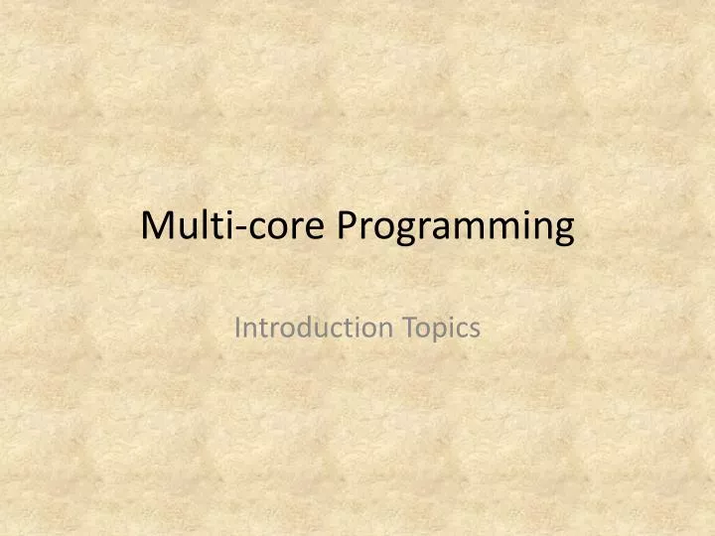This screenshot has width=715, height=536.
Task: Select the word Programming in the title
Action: point(455,228)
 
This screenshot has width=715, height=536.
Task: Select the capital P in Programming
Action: point(346,226)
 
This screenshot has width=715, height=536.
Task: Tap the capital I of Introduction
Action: point(237,328)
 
